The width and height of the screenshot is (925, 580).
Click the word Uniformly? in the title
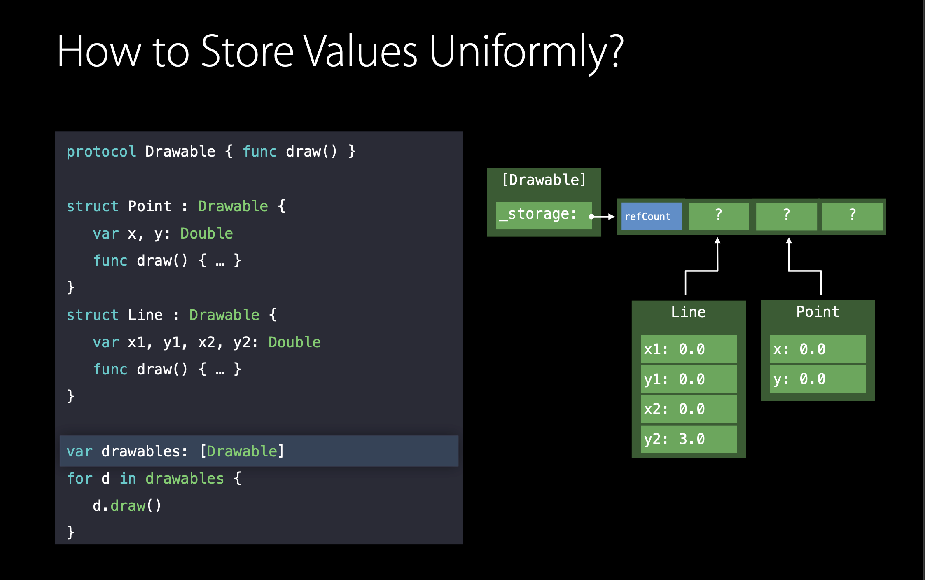pyautogui.click(x=526, y=52)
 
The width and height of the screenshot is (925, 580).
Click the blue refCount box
pyautogui.click(x=651, y=216)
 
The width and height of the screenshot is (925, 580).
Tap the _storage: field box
pyautogui.click(x=544, y=215)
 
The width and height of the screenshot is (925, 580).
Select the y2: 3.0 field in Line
pyautogui.click(x=689, y=439)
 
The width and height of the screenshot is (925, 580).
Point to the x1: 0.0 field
pyautogui.click(x=689, y=349)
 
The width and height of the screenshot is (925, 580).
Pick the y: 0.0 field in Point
pyautogui.click(x=818, y=379)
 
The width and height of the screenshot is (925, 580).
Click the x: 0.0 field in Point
pyautogui.click(x=818, y=349)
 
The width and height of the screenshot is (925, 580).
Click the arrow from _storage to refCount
pyautogui.click(x=602, y=217)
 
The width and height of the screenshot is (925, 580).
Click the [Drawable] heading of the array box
pyautogui.click(x=544, y=180)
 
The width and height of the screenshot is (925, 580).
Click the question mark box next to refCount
pyautogui.click(x=719, y=216)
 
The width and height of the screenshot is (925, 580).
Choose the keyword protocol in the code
pyautogui.click(x=101, y=152)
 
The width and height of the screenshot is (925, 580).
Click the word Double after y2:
pyautogui.click(x=294, y=342)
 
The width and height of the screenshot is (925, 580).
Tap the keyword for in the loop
pyautogui.click(x=80, y=479)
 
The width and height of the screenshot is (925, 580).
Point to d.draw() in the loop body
pyautogui.click(x=127, y=506)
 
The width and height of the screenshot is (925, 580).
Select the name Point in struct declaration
pyautogui.click(x=149, y=206)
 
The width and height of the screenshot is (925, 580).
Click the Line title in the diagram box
pyautogui.click(x=688, y=312)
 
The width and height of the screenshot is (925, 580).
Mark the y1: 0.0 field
pyautogui.click(x=689, y=379)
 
